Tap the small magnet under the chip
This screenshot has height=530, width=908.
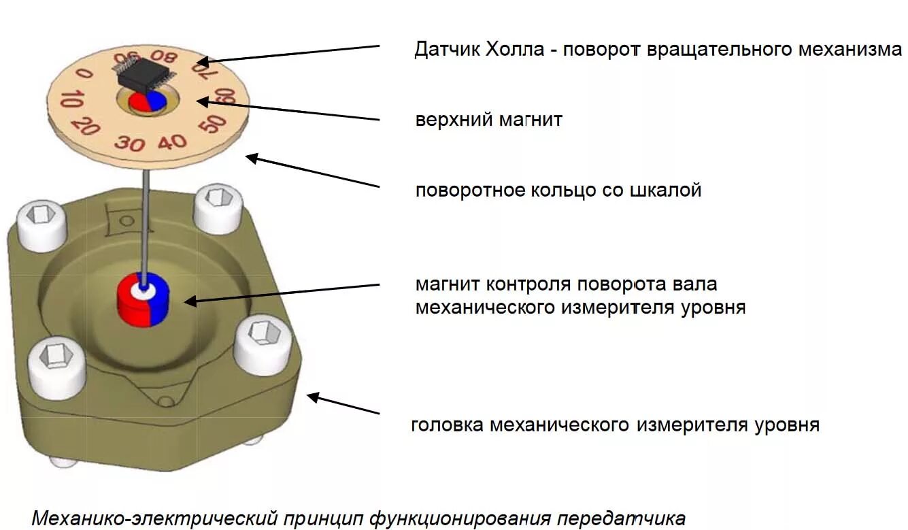148,101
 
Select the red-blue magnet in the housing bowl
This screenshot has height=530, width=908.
142,299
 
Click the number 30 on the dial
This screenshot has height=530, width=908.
129,143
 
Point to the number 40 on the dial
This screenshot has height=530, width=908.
172,142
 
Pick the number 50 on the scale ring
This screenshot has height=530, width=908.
214,124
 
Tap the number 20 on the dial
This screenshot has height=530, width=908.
86,125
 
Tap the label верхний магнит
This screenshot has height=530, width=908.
489,120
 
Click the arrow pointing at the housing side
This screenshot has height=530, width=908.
343,403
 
